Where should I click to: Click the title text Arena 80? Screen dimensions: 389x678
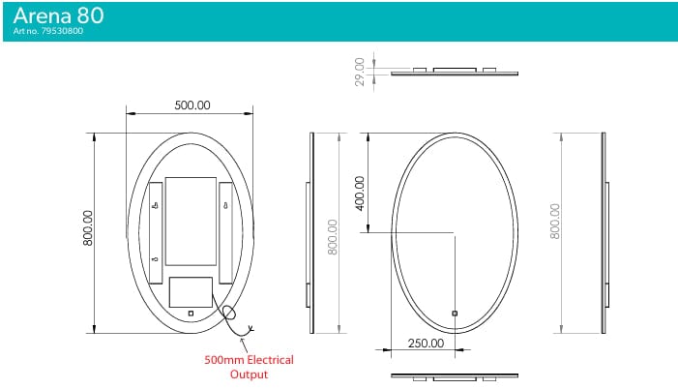tap(59, 15)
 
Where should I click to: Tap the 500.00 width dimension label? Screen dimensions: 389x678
tap(192, 105)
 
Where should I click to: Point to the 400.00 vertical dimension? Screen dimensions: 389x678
tap(360, 193)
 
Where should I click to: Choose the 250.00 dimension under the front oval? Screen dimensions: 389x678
tap(425, 343)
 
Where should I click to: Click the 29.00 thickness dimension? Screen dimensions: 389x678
tap(360, 71)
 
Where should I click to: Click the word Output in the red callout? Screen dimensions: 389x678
tap(249, 374)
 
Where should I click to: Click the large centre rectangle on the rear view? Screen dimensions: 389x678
tap(191, 221)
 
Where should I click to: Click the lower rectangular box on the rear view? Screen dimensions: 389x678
tap(190, 292)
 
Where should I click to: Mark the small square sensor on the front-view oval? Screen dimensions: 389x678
tap(455, 313)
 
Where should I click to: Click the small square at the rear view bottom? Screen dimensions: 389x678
tap(191, 313)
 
